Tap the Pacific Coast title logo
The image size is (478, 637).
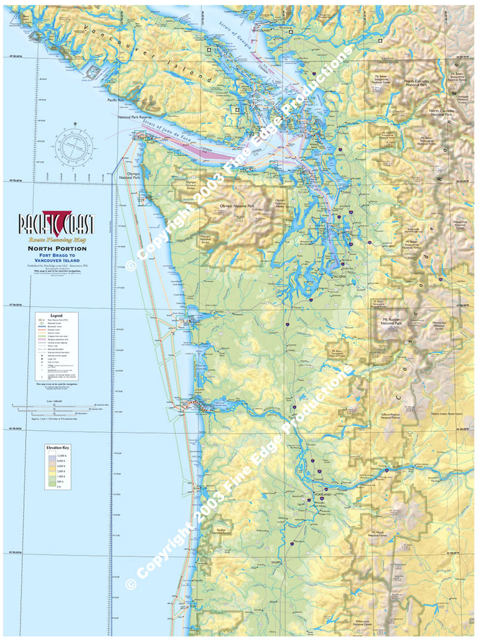pyautogui.click(x=57, y=223)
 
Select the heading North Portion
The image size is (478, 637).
pyautogui.click(x=57, y=249)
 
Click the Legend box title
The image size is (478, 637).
pyautogui.click(x=56, y=316)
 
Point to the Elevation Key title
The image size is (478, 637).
pyautogui.click(x=57, y=447)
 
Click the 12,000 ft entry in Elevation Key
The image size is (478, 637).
pyautogui.click(x=61, y=456)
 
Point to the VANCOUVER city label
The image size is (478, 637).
pyautogui.click(x=261, y=30)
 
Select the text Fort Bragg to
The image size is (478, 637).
pyautogui.click(x=57, y=255)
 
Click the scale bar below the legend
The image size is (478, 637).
pyautogui.click(x=56, y=408)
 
